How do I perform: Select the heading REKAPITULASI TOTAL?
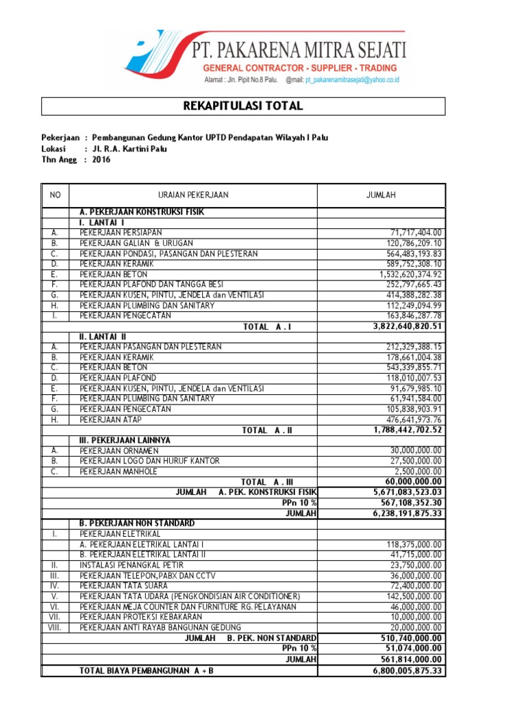[x=243, y=106]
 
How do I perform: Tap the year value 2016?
[x=101, y=160]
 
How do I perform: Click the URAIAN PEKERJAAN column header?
[x=193, y=195]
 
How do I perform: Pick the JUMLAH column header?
[x=381, y=195]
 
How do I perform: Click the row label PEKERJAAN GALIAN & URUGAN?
[x=136, y=243]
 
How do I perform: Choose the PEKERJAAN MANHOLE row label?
[x=118, y=472]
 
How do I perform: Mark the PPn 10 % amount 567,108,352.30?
[x=409, y=503]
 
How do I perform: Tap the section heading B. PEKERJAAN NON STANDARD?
[x=136, y=523]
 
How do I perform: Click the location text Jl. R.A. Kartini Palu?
[x=129, y=149]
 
